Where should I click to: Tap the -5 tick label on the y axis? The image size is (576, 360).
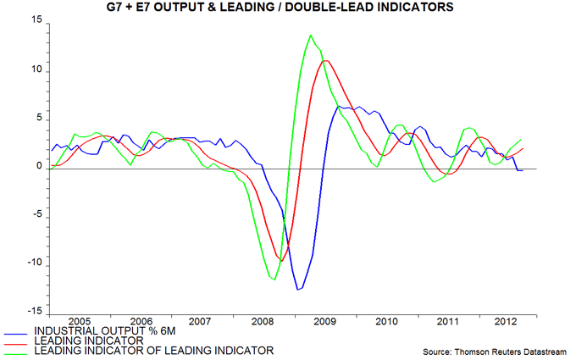pos(36,216)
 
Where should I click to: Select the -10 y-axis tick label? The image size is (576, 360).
pos(33,264)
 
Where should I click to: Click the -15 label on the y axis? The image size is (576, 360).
pos(33,313)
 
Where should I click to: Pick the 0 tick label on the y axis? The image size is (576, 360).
pos(38,168)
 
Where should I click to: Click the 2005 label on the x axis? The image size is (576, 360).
pos(79,322)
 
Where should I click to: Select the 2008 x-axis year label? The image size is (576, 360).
pos(262,322)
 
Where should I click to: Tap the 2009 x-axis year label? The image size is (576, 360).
pos(323,322)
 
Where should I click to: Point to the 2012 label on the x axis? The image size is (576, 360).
pos(505,322)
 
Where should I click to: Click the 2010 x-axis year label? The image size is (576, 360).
pos(384,322)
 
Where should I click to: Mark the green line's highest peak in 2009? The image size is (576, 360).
pos(311,36)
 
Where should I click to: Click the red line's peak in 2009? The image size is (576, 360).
pos(326,60)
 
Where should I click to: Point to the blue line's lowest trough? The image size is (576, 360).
pos(297,290)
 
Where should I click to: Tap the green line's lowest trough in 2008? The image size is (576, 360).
pos(274,280)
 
